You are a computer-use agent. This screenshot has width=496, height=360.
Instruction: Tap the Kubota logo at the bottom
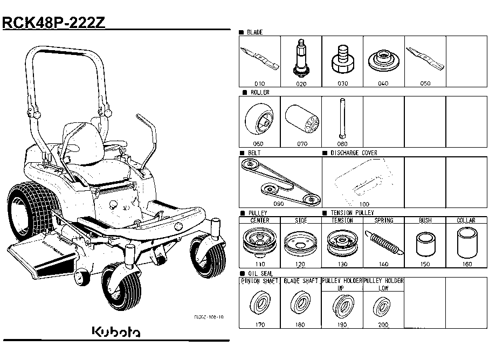(x=115, y=331)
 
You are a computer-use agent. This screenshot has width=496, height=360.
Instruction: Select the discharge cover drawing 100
(x=363, y=183)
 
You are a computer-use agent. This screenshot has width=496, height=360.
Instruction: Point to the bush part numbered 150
(x=425, y=245)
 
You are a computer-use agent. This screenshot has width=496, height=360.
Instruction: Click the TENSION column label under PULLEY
(x=342, y=220)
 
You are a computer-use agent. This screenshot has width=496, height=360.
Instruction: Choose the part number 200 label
(x=383, y=324)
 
